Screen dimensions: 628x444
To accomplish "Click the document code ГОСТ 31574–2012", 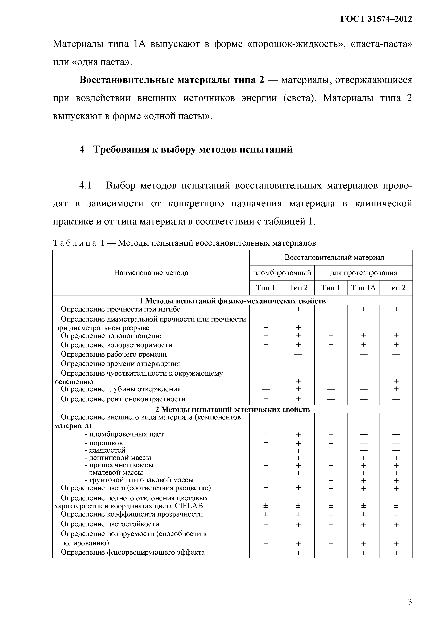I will [376, 19].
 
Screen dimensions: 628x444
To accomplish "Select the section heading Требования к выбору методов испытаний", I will [193, 149].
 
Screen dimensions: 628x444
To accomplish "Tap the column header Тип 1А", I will [363, 288].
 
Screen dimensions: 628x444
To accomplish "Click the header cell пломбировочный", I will [282, 273].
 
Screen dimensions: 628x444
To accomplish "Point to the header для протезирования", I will [364, 273].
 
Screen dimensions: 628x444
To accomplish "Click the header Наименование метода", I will [151, 273].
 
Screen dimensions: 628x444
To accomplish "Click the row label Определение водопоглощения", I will [112, 336].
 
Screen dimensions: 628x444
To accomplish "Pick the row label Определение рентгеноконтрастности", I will [123, 399].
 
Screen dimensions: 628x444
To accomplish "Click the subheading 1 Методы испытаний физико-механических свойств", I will [233, 301].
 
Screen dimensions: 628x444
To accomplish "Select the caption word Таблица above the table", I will [74, 243].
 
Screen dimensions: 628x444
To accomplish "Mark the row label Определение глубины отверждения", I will [121, 389].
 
